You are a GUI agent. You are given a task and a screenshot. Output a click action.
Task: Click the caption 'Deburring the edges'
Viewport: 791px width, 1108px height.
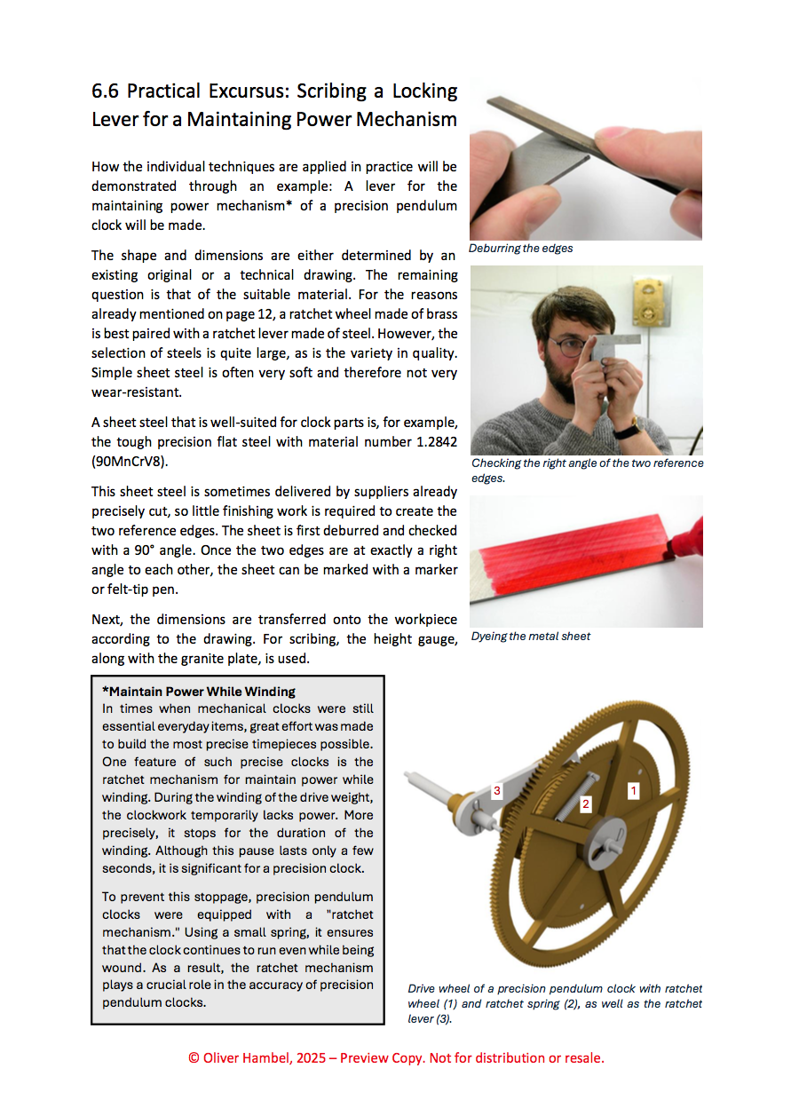(521, 249)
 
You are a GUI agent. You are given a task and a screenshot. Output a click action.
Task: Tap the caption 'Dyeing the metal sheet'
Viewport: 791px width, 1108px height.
(531, 636)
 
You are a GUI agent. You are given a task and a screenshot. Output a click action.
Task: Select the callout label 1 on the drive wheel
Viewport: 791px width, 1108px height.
(633, 788)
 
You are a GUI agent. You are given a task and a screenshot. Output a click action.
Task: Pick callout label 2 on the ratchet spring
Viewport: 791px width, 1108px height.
(585, 804)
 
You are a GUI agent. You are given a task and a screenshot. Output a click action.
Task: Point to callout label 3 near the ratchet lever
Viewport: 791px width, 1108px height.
(497, 790)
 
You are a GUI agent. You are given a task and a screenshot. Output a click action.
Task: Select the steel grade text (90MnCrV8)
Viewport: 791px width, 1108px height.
(127, 461)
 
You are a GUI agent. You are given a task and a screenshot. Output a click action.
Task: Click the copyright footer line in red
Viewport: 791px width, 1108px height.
(396, 1057)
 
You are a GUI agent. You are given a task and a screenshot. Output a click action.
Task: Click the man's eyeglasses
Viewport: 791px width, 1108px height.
(566, 343)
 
